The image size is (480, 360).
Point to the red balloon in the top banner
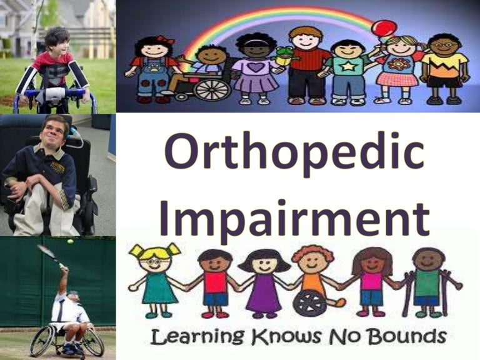click(383, 28)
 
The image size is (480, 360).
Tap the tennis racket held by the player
click(49, 253)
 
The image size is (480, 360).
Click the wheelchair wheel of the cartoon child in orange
click(309, 302)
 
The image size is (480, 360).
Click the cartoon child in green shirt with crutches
click(430, 281)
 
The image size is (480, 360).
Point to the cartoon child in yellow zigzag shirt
click(444, 67)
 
